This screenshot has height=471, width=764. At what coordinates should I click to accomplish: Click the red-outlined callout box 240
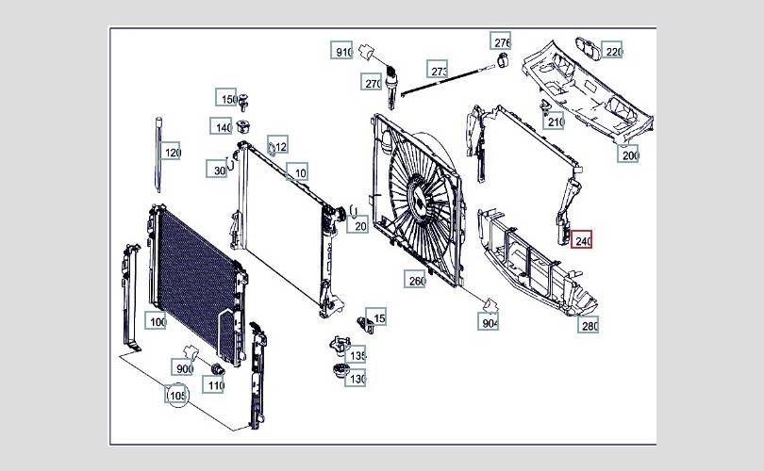(582, 239)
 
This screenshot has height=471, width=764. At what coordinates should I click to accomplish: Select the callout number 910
(341, 51)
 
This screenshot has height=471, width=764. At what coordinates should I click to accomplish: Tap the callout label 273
(437, 70)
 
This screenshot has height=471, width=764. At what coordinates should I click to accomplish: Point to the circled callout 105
(176, 395)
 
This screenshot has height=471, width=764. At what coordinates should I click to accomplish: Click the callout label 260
(415, 279)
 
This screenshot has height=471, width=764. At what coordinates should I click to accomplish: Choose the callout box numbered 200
(628, 154)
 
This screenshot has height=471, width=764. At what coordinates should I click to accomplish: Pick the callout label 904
(489, 321)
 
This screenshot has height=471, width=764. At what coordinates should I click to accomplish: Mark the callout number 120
(171, 152)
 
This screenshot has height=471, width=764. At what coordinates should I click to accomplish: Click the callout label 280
(589, 325)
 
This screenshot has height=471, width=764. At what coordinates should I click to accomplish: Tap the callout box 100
(156, 320)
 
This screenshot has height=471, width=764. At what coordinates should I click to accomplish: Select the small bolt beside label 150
(243, 101)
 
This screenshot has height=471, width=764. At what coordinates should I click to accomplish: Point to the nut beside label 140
(242, 126)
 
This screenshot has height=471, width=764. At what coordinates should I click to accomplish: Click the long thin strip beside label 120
(158, 154)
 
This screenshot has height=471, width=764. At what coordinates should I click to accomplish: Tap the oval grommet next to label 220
(588, 49)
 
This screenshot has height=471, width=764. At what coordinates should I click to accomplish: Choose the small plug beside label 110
(217, 369)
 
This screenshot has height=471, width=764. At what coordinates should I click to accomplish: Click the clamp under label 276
(503, 60)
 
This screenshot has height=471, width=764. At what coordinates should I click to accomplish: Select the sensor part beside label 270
(391, 87)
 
